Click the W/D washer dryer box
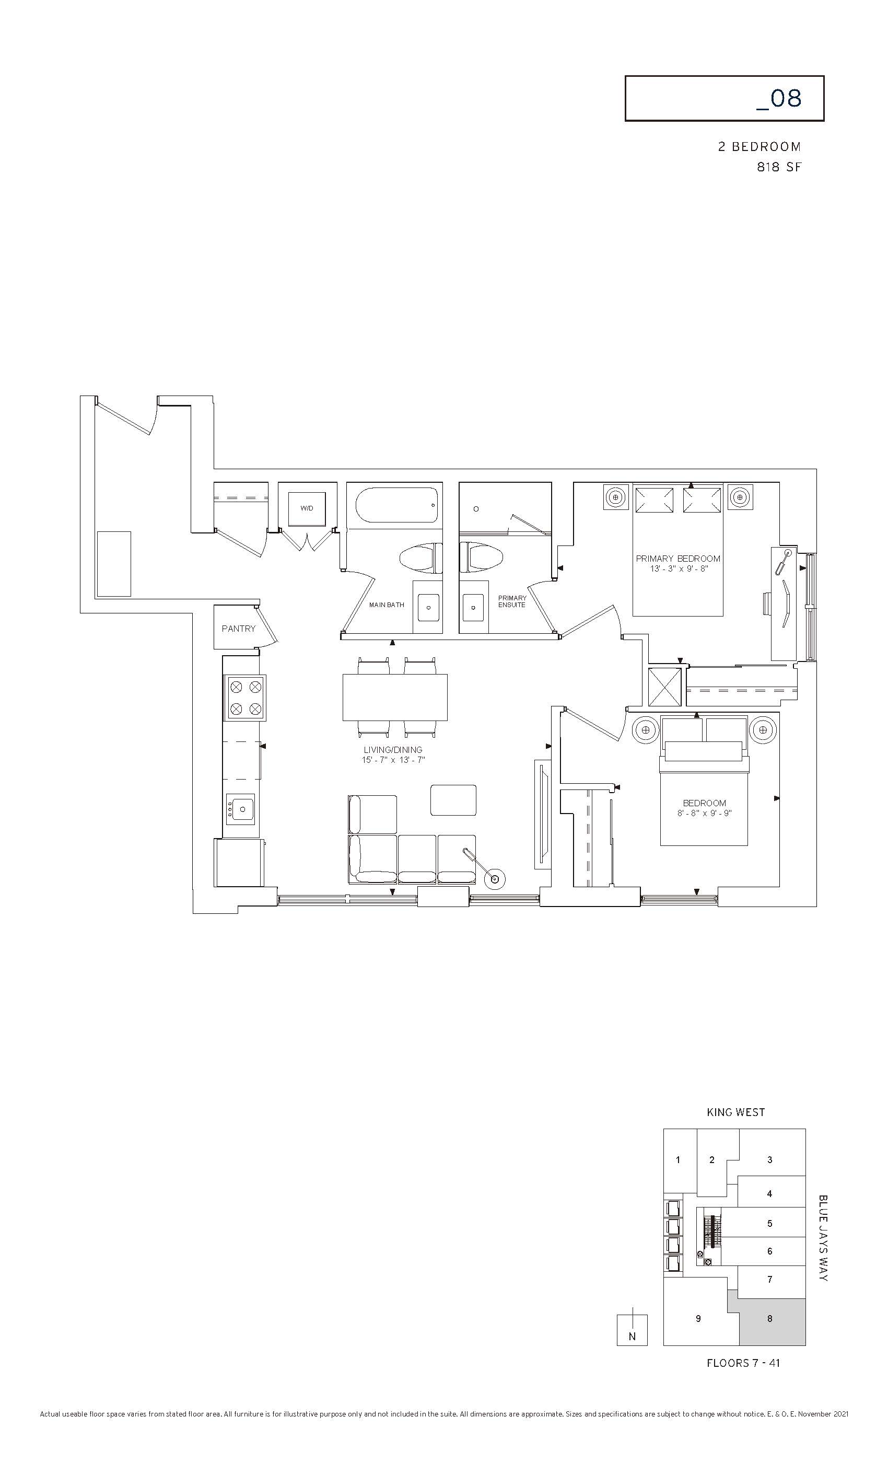(x=307, y=509)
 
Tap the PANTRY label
(x=239, y=628)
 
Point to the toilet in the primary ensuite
(x=482, y=558)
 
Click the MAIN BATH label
(x=387, y=605)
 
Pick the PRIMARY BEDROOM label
(x=678, y=559)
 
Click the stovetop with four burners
(x=244, y=698)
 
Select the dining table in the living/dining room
(x=395, y=697)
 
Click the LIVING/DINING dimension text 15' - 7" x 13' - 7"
(x=393, y=760)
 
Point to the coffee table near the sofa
(x=453, y=800)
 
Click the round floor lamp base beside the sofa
(x=494, y=879)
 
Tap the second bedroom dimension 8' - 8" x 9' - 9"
(x=704, y=814)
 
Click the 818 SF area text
(x=779, y=167)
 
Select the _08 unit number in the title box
(x=779, y=99)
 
